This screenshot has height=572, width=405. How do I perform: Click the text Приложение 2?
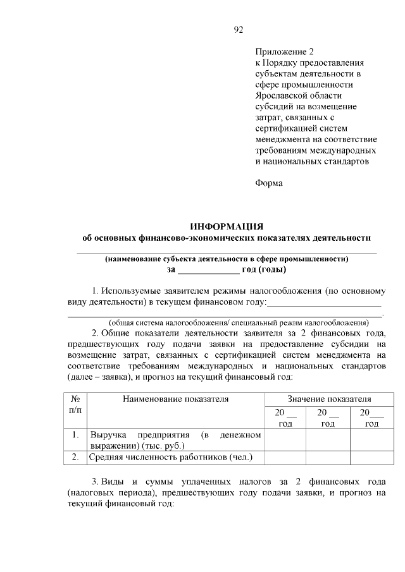[x=284, y=51]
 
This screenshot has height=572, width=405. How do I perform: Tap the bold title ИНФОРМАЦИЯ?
[x=227, y=226]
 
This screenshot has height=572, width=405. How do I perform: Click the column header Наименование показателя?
[x=175, y=399]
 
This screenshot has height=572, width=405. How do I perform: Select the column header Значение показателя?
[x=328, y=399]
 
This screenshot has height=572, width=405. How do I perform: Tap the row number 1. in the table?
[x=75, y=435]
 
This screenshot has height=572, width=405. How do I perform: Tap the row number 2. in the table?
[x=75, y=456]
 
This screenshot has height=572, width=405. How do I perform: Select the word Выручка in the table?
[x=109, y=435]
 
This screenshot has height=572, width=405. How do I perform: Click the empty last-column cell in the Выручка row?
[x=371, y=440]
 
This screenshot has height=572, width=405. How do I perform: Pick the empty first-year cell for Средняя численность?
[x=285, y=456]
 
